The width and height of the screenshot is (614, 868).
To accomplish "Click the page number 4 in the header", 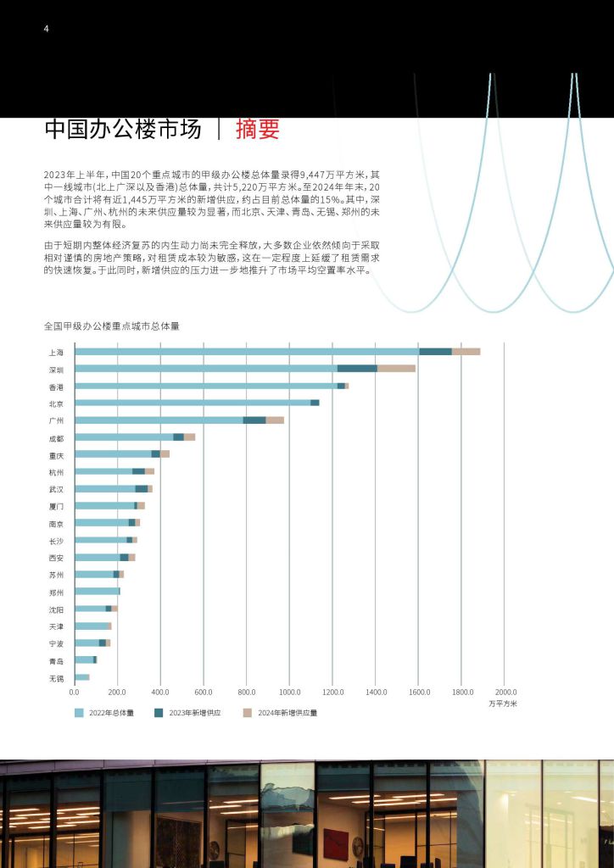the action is click(46, 29).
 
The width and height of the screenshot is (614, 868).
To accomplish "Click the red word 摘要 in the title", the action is click(258, 129).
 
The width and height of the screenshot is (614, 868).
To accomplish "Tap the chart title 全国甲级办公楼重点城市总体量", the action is click(112, 326).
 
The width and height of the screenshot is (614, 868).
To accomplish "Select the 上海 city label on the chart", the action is click(56, 352).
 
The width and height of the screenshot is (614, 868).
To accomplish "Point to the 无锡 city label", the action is click(56, 678).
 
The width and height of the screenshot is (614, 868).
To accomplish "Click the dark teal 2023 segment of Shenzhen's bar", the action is click(357, 369).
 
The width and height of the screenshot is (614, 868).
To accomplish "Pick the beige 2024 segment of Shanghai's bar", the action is click(466, 352).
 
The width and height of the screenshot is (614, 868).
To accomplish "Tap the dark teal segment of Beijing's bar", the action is click(315, 403).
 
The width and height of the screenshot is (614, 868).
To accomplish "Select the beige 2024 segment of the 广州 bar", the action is click(275, 420).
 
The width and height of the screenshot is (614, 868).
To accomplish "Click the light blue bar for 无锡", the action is click(82, 677).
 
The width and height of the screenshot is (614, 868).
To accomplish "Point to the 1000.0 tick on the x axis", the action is click(289, 692).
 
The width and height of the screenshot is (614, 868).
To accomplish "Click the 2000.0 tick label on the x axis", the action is click(505, 692).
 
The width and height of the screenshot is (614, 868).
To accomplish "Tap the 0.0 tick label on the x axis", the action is click(74, 692).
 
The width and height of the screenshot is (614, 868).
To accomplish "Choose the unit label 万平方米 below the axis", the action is click(503, 704).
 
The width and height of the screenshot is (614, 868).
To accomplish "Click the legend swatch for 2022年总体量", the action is click(79, 713).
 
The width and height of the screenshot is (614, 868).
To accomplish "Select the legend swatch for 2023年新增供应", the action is click(159, 713).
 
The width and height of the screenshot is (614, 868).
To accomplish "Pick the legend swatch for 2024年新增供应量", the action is click(248, 713).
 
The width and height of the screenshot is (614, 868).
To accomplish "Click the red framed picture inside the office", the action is click(336, 842).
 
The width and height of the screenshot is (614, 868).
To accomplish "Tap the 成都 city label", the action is click(56, 438).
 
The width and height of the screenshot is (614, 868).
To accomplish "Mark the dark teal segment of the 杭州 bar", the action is click(138, 471).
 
